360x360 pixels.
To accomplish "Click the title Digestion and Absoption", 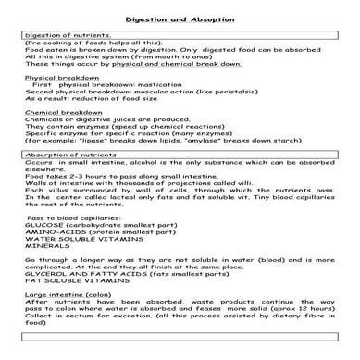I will [x=180, y=19].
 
